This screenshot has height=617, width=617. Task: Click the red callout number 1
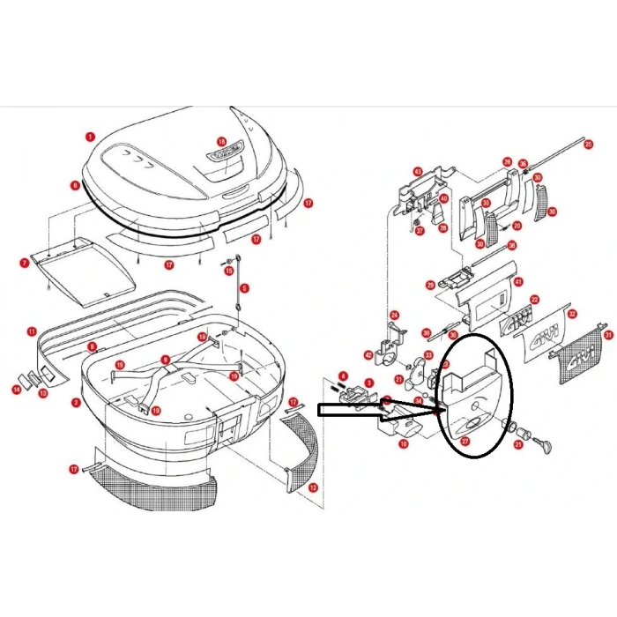(89, 137)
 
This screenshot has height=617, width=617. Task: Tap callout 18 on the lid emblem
(221, 141)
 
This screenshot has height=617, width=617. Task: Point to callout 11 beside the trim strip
(31, 331)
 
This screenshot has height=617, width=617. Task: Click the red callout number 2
(77, 403)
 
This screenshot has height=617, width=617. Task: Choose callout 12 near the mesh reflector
(313, 487)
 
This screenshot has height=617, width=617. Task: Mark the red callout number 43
(418, 172)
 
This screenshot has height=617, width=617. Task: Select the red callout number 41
(519, 282)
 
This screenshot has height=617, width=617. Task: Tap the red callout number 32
(572, 314)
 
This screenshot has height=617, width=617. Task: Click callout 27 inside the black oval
(465, 440)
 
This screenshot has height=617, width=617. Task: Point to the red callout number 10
(403, 445)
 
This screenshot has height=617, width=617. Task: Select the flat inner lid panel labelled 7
(84, 270)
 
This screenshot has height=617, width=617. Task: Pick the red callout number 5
(244, 287)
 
